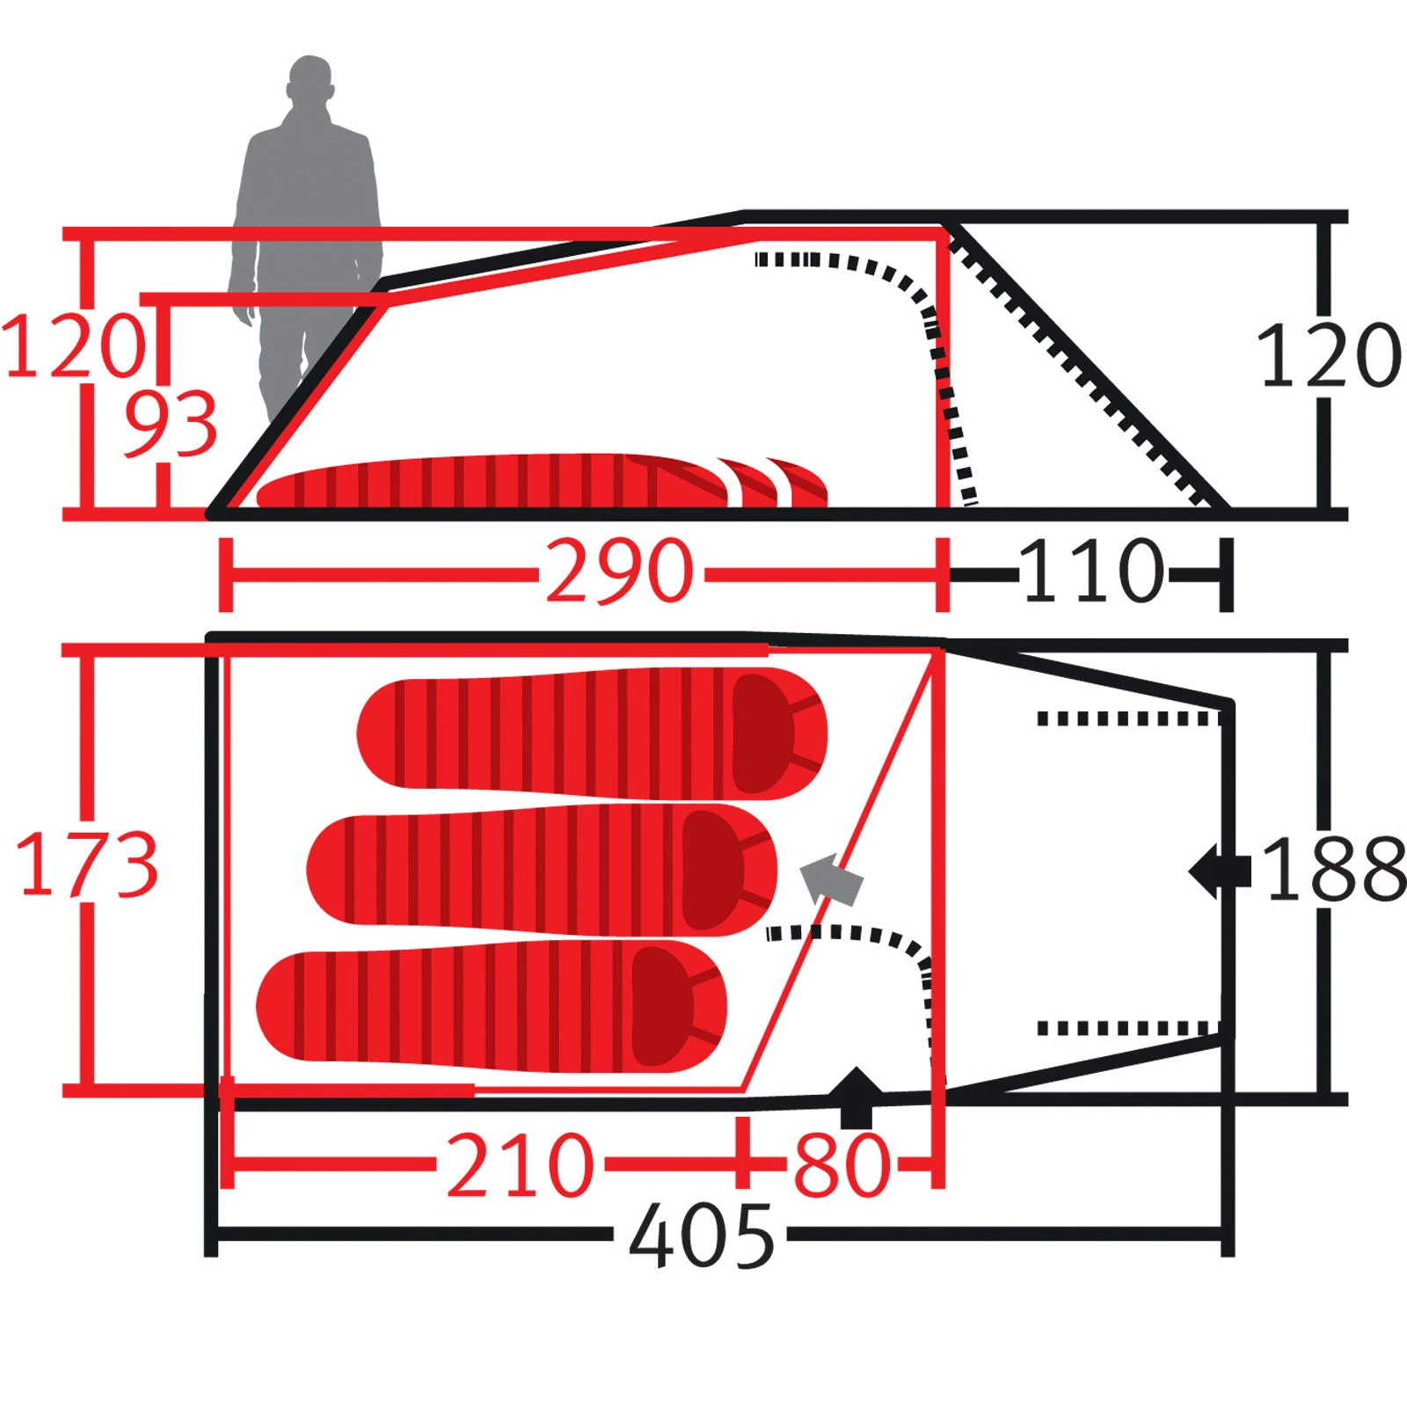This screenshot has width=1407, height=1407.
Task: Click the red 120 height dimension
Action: click(x=74, y=346)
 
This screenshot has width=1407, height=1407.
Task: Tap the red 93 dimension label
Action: click(x=170, y=425)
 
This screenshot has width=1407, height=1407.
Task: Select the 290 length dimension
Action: click(x=619, y=572)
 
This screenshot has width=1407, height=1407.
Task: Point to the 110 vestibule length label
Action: click(x=1093, y=572)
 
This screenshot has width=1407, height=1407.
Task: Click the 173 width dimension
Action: click(x=87, y=864)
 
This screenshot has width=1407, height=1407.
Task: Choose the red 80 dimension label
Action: click(x=842, y=1165)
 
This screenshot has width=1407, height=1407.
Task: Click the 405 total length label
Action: click(x=702, y=1236)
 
